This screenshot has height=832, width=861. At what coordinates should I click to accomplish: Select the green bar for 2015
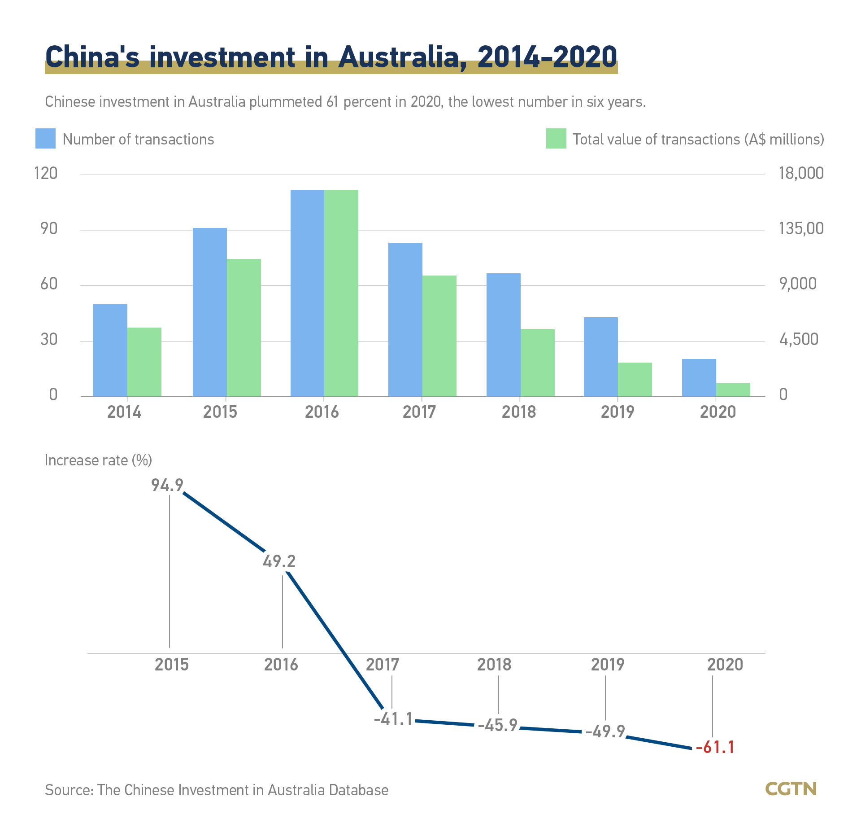click(244, 328)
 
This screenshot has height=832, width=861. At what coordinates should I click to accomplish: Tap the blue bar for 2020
click(699, 377)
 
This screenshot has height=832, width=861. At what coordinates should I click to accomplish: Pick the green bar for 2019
click(635, 379)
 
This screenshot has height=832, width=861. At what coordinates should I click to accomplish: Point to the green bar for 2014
click(144, 362)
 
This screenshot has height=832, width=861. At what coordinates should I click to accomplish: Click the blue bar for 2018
click(503, 335)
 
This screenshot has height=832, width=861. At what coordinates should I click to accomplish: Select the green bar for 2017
click(439, 336)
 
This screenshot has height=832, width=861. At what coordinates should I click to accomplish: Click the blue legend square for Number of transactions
click(45, 139)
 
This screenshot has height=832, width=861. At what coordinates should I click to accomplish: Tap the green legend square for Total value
click(556, 139)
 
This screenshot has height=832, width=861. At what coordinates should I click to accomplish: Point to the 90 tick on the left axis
click(49, 229)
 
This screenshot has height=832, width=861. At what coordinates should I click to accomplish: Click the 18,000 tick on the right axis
click(801, 173)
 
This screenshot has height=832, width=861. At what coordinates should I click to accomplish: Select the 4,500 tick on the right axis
click(799, 339)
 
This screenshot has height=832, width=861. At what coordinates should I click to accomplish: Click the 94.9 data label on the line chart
click(167, 485)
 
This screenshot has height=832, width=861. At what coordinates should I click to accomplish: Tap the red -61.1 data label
click(715, 747)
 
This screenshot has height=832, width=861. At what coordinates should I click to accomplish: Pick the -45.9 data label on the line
click(497, 725)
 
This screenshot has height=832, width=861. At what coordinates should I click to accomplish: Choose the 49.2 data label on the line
click(279, 561)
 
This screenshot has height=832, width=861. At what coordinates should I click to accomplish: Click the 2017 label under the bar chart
click(419, 412)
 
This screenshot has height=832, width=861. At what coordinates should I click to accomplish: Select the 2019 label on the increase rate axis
click(607, 665)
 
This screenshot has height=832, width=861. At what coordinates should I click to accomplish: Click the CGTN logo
click(791, 789)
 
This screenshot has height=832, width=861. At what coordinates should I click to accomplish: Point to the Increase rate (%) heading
click(98, 460)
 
